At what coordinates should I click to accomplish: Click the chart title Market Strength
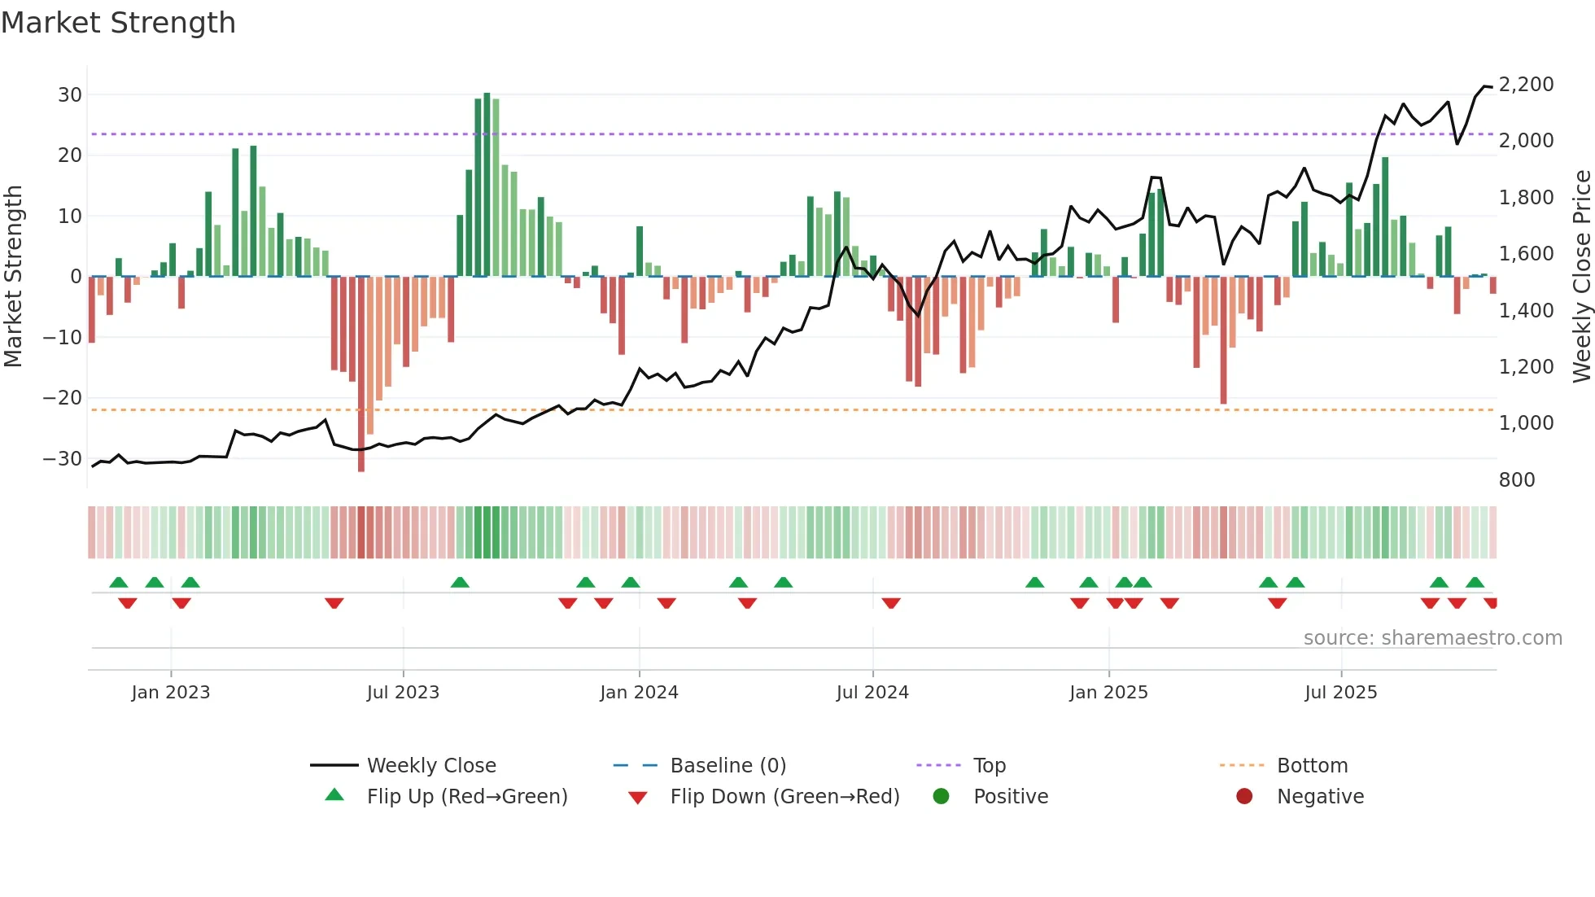(x=119, y=23)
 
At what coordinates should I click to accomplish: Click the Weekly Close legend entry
(x=430, y=765)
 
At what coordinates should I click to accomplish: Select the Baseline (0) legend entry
(x=728, y=765)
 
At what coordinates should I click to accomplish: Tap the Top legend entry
(x=989, y=765)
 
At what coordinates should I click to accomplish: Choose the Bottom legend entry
(x=1312, y=765)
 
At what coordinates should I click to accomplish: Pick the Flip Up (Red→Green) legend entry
(x=466, y=796)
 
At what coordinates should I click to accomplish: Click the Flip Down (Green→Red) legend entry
(x=784, y=796)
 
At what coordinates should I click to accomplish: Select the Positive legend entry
(x=1010, y=796)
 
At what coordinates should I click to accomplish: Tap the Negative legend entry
(x=1319, y=796)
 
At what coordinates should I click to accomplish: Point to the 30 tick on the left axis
(x=70, y=94)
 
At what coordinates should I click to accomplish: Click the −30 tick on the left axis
(x=63, y=458)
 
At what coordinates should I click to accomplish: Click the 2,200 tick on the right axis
(x=1526, y=84)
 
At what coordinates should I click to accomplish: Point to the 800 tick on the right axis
(x=1516, y=479)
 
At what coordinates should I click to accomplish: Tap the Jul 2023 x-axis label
(x=403, y=692)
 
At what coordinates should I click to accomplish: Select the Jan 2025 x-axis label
(x=1108, y=692)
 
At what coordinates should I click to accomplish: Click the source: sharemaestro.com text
(x=1432, y=637)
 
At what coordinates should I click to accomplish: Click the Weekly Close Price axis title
(x=1581, y=276)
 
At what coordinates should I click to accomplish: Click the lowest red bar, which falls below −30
(x=361, y=374)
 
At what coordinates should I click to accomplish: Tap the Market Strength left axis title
(x=13, y=276)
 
